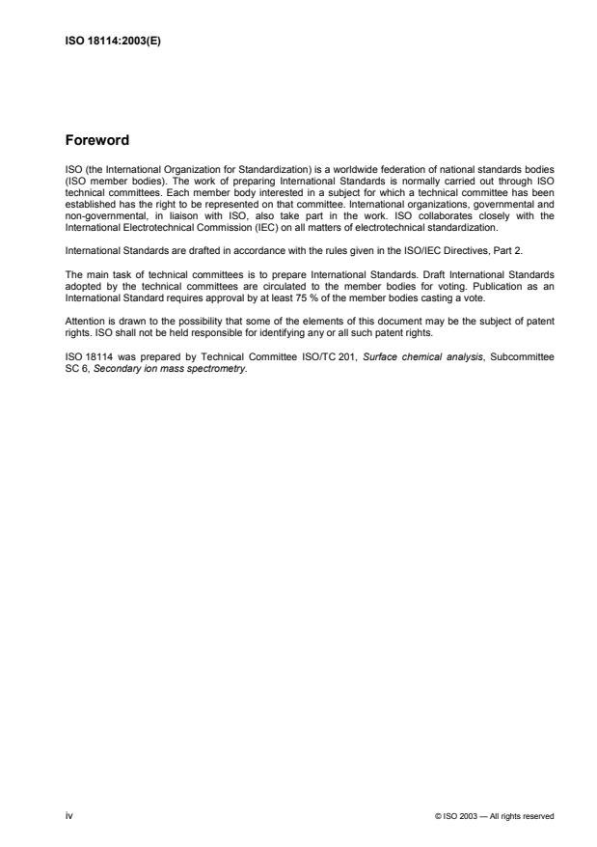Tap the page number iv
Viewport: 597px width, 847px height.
coord(68,816)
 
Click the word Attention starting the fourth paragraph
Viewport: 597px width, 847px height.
coord(83,320)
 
